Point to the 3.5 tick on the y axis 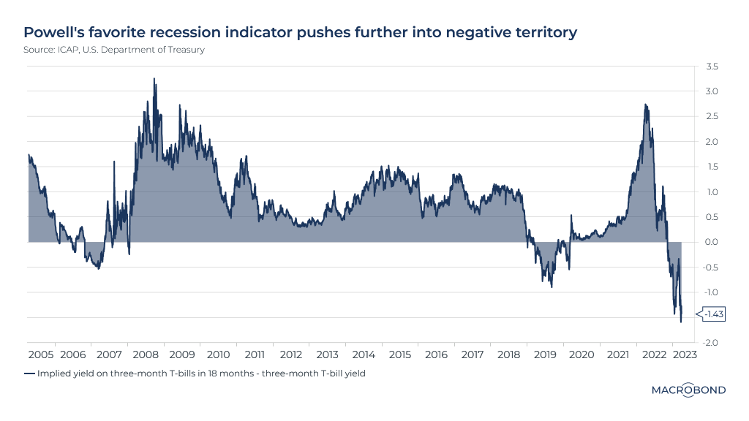(712, 67)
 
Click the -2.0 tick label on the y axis (710, 343)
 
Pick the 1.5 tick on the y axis (712, 167)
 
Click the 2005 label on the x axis (41, 354)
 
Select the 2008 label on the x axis (146, 354)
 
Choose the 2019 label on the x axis (545, 354)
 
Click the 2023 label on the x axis (685, 354)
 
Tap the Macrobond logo (688, 390)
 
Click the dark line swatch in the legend (29, 373)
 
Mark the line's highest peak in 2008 (154, 78)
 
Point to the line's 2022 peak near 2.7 (645, 105)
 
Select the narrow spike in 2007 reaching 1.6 (113, 162)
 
